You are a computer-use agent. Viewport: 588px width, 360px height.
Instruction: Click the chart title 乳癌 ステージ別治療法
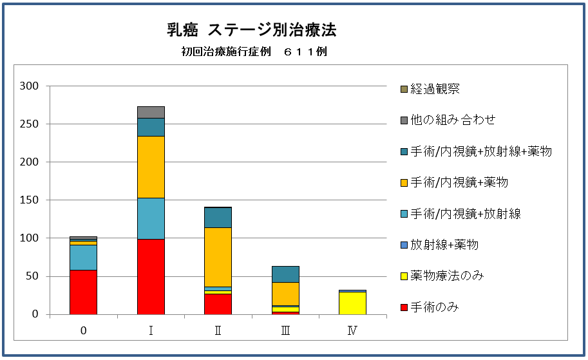(251, 30)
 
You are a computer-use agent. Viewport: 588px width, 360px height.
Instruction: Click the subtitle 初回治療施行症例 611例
(254, 52)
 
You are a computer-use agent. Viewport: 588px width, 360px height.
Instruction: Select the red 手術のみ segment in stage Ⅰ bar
(151, 276)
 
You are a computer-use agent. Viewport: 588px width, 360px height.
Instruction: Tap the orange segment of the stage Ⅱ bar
(218, 257)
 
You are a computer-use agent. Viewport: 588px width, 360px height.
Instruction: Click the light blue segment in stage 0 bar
(83, 257)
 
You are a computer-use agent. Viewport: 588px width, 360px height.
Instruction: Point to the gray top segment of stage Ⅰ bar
(151, 112)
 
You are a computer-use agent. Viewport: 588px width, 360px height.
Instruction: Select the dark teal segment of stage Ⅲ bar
(285, 274)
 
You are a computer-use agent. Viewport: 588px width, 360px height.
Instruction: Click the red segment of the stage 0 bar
(83, 292)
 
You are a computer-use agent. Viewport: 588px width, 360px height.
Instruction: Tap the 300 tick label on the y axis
(30, 86)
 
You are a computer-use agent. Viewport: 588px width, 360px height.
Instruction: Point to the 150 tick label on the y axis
(30, 200)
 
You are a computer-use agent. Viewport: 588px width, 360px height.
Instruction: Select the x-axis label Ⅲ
(285, 331)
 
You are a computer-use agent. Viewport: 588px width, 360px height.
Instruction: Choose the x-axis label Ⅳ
(352, 331)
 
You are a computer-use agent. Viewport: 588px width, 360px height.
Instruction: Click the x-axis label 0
(83, 331)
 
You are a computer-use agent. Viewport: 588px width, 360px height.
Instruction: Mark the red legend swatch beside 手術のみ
(404, 307)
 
